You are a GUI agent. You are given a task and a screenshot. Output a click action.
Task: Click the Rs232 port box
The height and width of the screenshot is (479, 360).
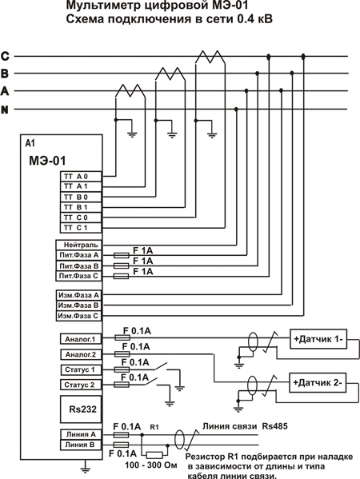(x=81, y=409)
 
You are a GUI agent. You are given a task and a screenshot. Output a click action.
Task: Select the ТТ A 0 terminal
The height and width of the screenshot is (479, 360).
(x=81, y=176)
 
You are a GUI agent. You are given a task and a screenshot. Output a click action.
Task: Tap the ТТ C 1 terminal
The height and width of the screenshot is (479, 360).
(x=81, y=228)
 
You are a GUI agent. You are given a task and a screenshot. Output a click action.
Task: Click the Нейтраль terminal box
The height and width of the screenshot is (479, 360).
(x=78, y=245)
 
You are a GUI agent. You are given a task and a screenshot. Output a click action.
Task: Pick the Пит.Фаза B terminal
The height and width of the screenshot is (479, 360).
(x=78, y=265)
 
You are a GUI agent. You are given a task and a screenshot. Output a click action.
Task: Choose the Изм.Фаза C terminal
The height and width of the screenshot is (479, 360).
(x=78, y=316)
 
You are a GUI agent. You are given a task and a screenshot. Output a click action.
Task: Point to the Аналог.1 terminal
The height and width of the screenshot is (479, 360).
(x=81, y=339)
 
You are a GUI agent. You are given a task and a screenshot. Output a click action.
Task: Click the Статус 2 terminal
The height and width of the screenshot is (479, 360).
(x=81, y=385)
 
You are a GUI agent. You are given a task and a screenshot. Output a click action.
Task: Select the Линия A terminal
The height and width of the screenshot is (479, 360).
(x=81, y=434)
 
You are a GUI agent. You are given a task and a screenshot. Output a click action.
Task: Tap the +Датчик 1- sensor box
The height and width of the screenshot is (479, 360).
(x=318, y=339)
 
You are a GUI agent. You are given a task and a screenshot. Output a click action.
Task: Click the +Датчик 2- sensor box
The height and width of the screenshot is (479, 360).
(x=318, y=382)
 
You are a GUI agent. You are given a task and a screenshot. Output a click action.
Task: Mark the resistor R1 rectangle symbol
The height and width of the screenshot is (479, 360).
(x=156, y=455)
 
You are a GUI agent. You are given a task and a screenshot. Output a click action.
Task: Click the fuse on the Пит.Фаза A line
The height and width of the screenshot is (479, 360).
(x=121, y=255)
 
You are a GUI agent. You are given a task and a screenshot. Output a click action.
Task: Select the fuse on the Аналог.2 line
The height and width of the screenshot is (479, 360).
(x=122, y=354)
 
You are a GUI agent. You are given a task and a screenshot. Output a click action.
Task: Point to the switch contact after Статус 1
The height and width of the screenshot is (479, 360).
(x=161, y=366)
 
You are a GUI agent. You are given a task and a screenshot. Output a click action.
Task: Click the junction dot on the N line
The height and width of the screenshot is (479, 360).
(x=236, y=109)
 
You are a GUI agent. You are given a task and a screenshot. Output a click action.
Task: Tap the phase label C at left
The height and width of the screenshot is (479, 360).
(x=5, y=56)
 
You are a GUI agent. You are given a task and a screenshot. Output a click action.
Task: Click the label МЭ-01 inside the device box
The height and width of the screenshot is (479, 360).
(x=47, y=161)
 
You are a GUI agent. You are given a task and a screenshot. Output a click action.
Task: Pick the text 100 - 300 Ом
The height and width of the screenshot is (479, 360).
(x=151, y=465)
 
